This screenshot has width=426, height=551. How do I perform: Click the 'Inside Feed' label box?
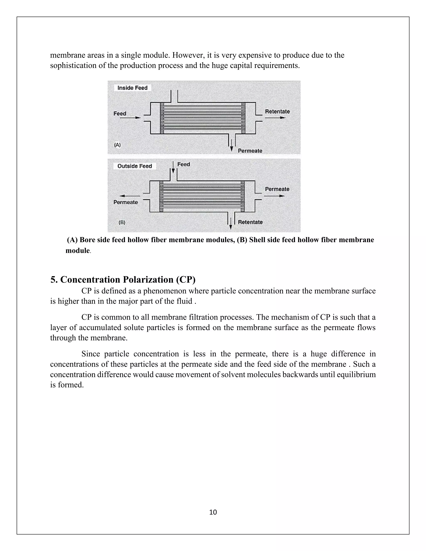point(132,88)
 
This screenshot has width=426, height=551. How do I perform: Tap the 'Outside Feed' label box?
point(135,166)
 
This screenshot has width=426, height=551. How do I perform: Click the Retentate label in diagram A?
point(277,111)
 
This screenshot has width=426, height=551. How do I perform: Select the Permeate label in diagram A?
point(250,151)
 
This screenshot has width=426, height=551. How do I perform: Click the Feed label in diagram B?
point(183,164)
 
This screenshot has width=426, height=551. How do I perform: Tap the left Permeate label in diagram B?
point(126,202)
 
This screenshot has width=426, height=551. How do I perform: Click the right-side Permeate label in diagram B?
point(277,189)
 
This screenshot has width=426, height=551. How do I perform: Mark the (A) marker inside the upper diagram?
point(117,145)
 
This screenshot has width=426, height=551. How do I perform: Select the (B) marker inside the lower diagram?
point(122,222)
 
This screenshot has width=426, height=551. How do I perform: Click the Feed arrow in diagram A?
point(130,117)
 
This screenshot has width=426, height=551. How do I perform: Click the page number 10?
point(213,512)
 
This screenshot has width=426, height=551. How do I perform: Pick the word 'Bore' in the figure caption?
point(87,240)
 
